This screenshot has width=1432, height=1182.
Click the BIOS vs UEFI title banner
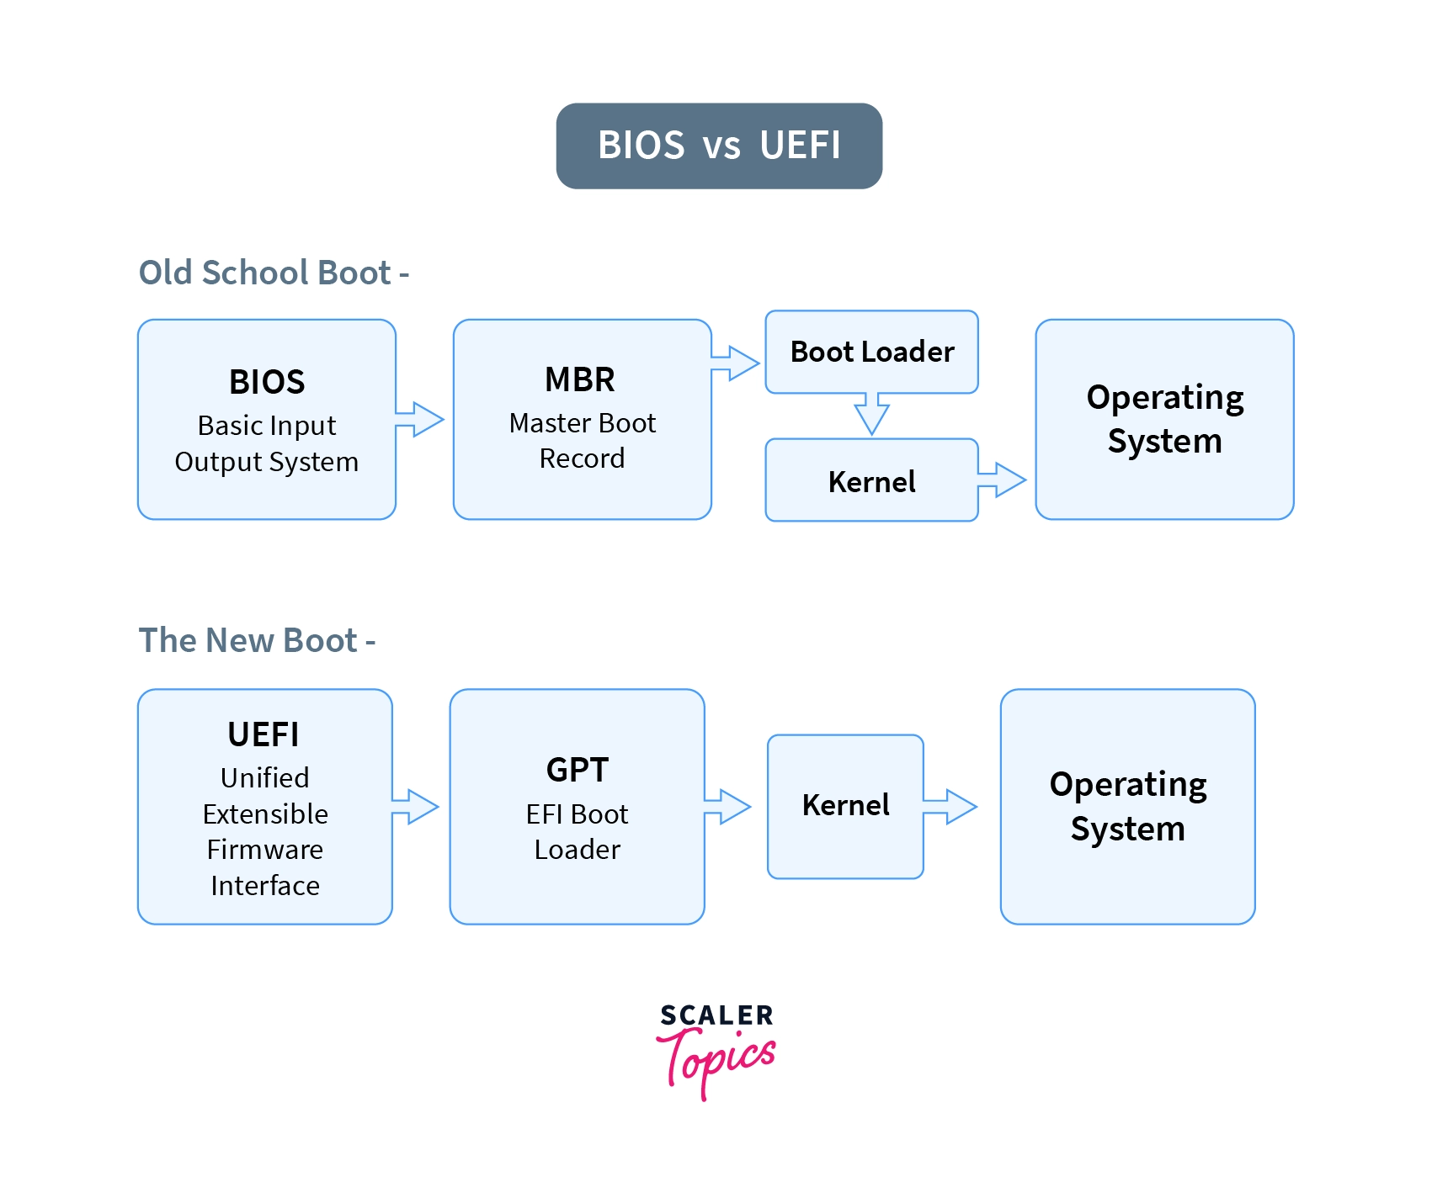point(719,146)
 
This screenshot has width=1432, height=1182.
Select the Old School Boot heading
point(274,273)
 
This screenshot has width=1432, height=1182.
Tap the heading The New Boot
point(257,640)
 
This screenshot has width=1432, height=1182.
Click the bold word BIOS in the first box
point(267,382)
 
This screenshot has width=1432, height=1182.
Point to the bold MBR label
point(580,379)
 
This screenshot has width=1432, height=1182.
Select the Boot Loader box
point(871,352)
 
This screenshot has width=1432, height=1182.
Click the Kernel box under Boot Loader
point(871,480)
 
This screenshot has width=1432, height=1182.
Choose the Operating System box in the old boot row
point(1164,419)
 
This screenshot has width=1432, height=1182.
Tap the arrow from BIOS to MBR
point(419,419)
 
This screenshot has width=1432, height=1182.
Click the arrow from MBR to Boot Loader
point(735,363)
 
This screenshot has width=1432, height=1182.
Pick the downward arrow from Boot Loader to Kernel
point(871,414)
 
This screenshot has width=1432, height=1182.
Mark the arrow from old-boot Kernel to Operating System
point(1002,480)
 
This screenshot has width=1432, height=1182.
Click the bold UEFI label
point(264,734)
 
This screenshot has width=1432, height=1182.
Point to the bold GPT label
point(578,770)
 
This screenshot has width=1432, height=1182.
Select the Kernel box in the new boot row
point(845,807)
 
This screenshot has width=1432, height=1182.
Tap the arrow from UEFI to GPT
point(415,807)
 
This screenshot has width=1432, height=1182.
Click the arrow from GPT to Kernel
point(727,807)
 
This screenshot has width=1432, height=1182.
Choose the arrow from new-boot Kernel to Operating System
point(950,807)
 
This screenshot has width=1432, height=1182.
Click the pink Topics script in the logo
point(716,1063)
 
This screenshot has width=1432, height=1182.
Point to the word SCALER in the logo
point(716,1015)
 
